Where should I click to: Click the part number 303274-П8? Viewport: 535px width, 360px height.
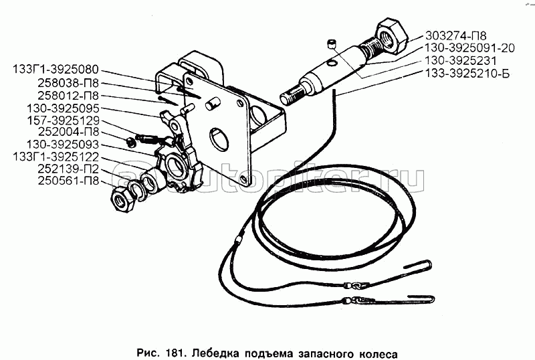click(x=455, y=35)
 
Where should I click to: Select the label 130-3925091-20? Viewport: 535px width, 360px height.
click(x=469, y=48)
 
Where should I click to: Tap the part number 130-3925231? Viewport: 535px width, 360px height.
click(x=460, y=60)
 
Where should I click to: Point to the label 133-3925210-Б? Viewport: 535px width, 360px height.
click(x=467, y=73)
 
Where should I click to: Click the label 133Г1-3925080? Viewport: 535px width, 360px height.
click(x=56, y=70)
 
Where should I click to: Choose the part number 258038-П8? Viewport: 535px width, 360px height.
click(x=68, y=83)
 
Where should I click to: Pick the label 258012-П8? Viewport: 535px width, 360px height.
click(x=68, y=96)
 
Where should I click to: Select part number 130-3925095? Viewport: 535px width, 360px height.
click(x=63, y=108)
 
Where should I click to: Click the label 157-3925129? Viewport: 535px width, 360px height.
click(x=63, y=120)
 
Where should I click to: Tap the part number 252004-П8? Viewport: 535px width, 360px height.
click(x=68, y=132)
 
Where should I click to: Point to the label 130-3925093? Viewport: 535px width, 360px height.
click(x=63, y=145)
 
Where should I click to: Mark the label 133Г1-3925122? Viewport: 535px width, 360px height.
click(x=56, y=157)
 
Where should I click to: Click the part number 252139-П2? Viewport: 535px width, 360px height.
click(x=68, y=169)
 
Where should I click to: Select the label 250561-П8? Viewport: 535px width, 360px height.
click(x=68, y=181)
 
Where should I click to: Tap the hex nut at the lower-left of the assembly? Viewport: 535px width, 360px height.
click(x=121, y=200)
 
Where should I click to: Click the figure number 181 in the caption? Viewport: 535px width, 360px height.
click(x=177, y=353)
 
